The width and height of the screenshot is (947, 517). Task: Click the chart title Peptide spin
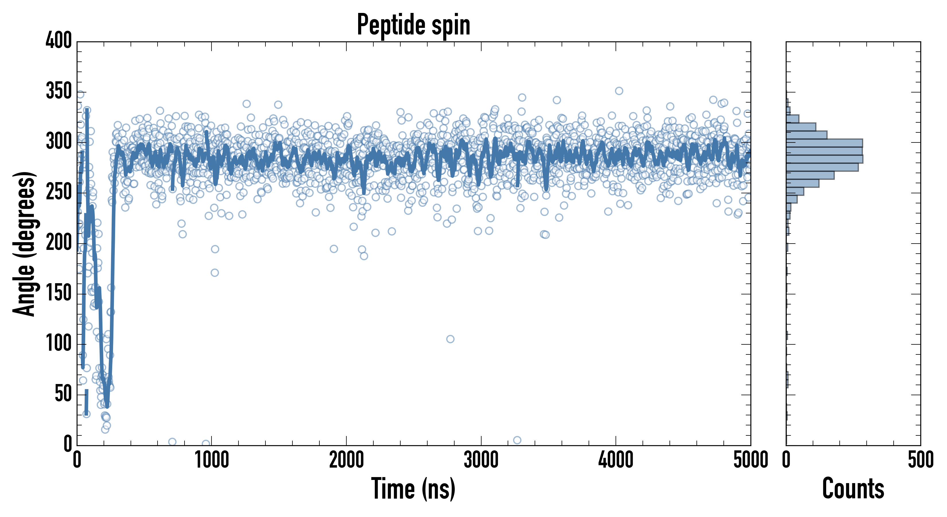coord(414,25)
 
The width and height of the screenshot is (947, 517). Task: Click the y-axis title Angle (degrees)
coord(24,244)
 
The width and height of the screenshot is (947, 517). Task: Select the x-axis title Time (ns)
coord(413,489)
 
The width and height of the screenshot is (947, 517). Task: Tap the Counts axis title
coord(853,489)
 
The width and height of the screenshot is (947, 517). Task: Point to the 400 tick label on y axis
coord(59,40)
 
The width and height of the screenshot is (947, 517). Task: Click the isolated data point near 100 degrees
coord(450,339)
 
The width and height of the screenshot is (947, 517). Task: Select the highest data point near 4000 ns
coord(619,91)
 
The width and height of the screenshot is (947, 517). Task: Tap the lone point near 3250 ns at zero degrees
coord(517,440)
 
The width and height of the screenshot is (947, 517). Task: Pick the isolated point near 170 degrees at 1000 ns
coord(215,273)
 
